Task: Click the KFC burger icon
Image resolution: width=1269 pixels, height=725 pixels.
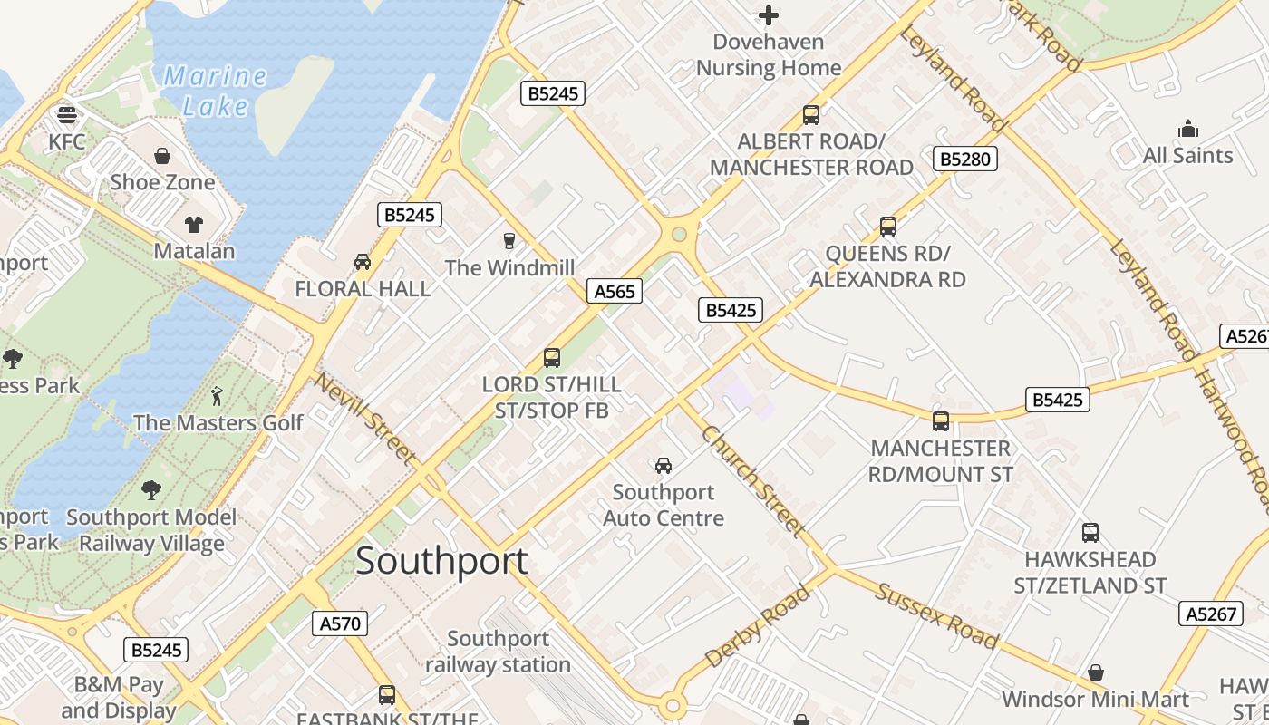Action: click(x=67, y=115)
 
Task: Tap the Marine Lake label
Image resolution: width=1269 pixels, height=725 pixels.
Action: click(x=215, y=91)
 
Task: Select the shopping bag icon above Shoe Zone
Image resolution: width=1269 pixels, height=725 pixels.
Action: click(x=162, y=156)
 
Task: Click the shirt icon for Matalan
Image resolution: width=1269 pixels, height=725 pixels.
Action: click(x=194, y=224)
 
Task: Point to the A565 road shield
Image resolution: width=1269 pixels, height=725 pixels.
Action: click(x=615, y=291)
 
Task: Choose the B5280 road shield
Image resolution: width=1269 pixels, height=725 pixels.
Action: click(x=965, y=159)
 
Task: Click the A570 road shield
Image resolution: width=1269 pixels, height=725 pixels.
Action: click(x=341, y=623)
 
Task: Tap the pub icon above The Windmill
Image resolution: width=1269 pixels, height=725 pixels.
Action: click(x=509, y=241)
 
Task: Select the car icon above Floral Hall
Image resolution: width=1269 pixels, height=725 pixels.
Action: click(x=363, y=262)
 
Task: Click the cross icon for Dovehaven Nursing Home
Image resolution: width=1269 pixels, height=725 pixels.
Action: click(x=769, y=15)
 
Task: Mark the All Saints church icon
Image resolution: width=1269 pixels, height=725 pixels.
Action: click(x=1187, y=130)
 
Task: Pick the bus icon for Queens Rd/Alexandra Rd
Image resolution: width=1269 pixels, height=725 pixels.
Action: click(x=888, y=227)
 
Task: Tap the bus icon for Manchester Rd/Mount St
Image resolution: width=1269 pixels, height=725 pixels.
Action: click(x=941, y=421)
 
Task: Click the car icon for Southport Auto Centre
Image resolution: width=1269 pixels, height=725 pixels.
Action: click(x=664, y=466)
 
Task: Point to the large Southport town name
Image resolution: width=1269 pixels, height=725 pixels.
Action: click(x=441, y=561)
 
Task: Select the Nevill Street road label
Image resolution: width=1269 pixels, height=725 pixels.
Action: click(x=364, y=419)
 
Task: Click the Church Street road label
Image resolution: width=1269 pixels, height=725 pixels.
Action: click(x=753, y=480)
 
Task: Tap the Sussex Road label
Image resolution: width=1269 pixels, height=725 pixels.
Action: click(x=936, y=616)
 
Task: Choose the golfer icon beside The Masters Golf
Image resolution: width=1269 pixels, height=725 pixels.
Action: click(x=216, y=396)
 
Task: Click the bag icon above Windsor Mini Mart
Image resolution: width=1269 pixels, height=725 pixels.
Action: click(x=1095, y=672)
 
